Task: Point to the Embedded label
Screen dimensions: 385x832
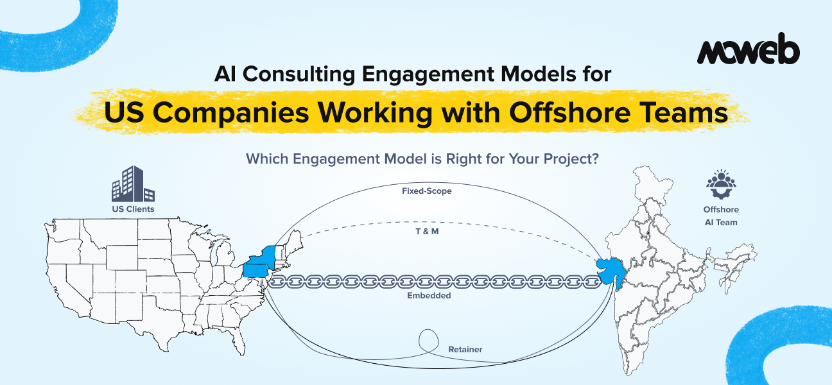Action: coord(429,296)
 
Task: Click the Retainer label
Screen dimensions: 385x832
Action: coord(465,350)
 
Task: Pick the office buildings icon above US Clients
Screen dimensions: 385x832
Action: coord(133,184)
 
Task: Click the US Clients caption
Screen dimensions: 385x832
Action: coord(133,209)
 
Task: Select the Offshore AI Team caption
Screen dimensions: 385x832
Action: coord(721,216)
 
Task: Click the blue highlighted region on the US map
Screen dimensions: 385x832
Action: coord(259,262)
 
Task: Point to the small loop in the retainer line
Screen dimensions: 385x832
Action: coord(429,339)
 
